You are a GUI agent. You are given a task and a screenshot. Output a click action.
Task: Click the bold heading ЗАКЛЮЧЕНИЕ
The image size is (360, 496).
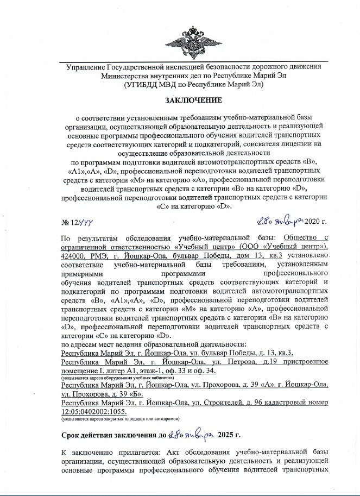point(194,100)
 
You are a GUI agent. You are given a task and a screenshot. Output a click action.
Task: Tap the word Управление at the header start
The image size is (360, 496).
point(87,67)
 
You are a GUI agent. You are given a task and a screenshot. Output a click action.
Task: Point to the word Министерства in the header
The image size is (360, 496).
point(127,76)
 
